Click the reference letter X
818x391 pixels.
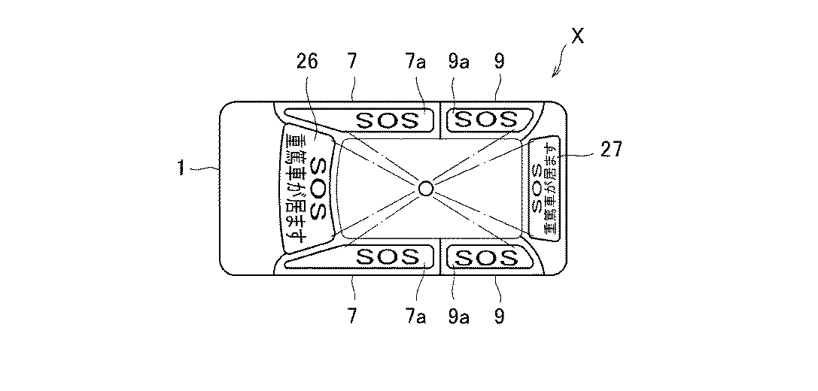click(x=577, y=36)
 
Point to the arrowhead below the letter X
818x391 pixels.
click(x=555, y=74)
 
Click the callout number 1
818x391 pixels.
click(x=181, y=170)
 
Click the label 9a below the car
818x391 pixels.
click(x=459, y=314)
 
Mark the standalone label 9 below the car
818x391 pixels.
click(x=498, y=314)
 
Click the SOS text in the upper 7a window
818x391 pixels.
click(x=387, y=120)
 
